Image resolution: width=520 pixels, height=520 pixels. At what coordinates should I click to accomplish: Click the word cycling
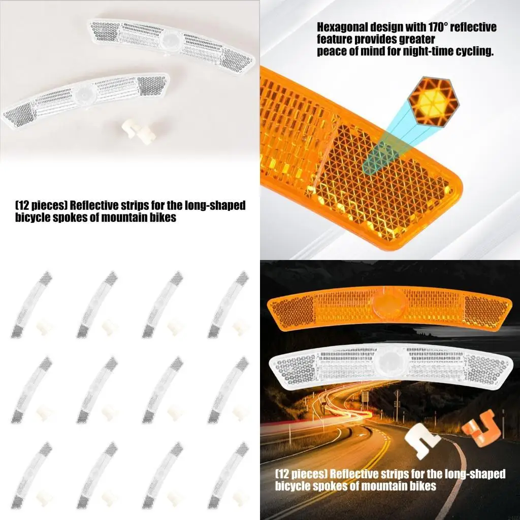[475, 51]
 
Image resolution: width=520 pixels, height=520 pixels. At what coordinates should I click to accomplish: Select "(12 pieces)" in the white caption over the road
[301, 474]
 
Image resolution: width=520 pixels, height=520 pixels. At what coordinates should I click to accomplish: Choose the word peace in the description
[331, 51]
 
